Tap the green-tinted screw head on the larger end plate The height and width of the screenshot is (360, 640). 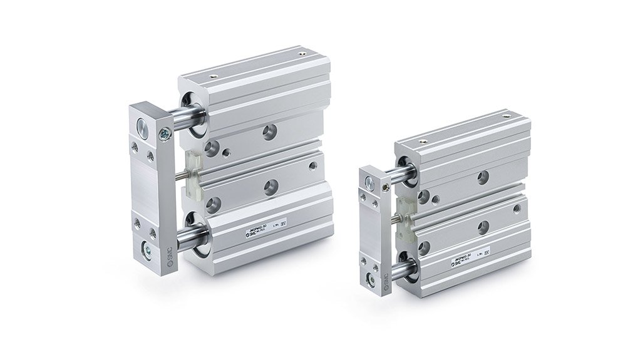165,133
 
